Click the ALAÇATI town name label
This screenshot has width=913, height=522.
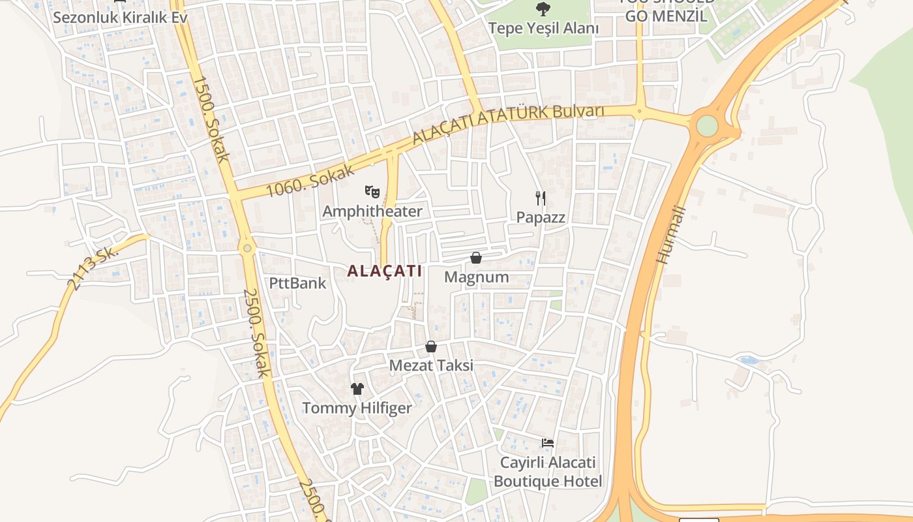tap(385, 271)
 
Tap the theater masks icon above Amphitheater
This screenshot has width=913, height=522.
tap(372, 192)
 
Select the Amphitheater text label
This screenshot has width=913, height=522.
tap(372, 211)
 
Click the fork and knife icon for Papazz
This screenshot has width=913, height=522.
tap(540, 198)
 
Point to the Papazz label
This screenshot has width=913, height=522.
tap(541, 217)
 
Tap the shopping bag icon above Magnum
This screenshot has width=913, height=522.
tap(476, 258)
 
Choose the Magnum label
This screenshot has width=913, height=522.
tap(476, 277)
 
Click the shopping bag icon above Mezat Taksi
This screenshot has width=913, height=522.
tap(430, 346)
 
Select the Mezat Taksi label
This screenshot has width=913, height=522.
tap(431, 365)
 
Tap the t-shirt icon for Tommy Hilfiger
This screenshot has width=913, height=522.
tap(357, 389)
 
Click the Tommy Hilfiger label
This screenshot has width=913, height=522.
tap(357, 408)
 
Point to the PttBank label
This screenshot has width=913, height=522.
tap(297, 283)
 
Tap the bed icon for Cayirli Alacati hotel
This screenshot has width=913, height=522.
tap(548, 443)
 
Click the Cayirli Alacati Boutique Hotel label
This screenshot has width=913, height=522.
tap(548, 472)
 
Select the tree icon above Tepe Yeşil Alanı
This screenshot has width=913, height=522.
tap(543, 9)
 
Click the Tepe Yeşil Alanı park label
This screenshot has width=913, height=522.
tap(543, 28)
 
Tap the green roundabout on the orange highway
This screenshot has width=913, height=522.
tap(707, 125)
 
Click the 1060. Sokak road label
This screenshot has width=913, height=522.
tap(311, 181)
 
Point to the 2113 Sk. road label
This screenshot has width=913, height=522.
tap(91, 268)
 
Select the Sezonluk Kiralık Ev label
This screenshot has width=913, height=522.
tap(120, 17)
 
